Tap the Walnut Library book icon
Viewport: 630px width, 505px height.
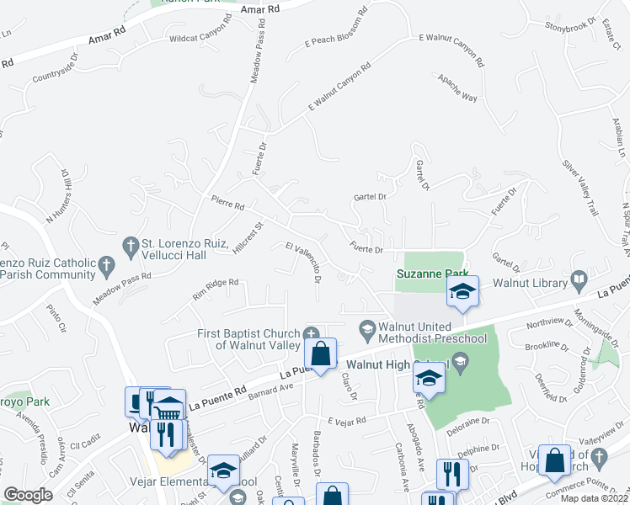[579, 279]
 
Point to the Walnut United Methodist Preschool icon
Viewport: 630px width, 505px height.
[366, 327]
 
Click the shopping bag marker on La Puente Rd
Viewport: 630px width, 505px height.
[320, 354]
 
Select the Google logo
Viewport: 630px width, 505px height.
[28, 494]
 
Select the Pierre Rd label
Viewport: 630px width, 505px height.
[227, 205]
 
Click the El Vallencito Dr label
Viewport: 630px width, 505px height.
[304, 263]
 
